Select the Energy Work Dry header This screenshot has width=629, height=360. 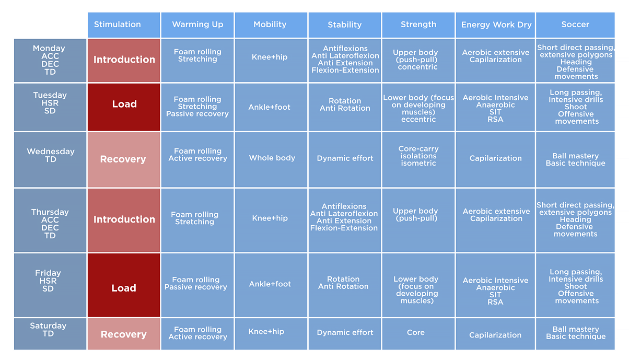(496, 25)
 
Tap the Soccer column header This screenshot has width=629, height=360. (575, 25)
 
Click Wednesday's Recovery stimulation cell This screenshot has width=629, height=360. (124, 159)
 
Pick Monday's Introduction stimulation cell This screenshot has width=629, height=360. (124, 60)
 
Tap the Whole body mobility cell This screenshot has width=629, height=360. (271, 158)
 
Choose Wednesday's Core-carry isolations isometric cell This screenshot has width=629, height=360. (418, 156)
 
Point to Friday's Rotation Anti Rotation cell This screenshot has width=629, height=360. (344, 283)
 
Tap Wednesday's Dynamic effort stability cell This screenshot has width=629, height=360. (344, 158)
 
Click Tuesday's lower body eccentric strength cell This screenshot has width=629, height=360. (418, 108)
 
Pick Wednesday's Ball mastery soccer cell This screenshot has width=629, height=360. (575, 159)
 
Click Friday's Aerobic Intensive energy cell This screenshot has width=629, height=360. (496, 291)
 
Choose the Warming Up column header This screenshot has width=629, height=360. (197, 25)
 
